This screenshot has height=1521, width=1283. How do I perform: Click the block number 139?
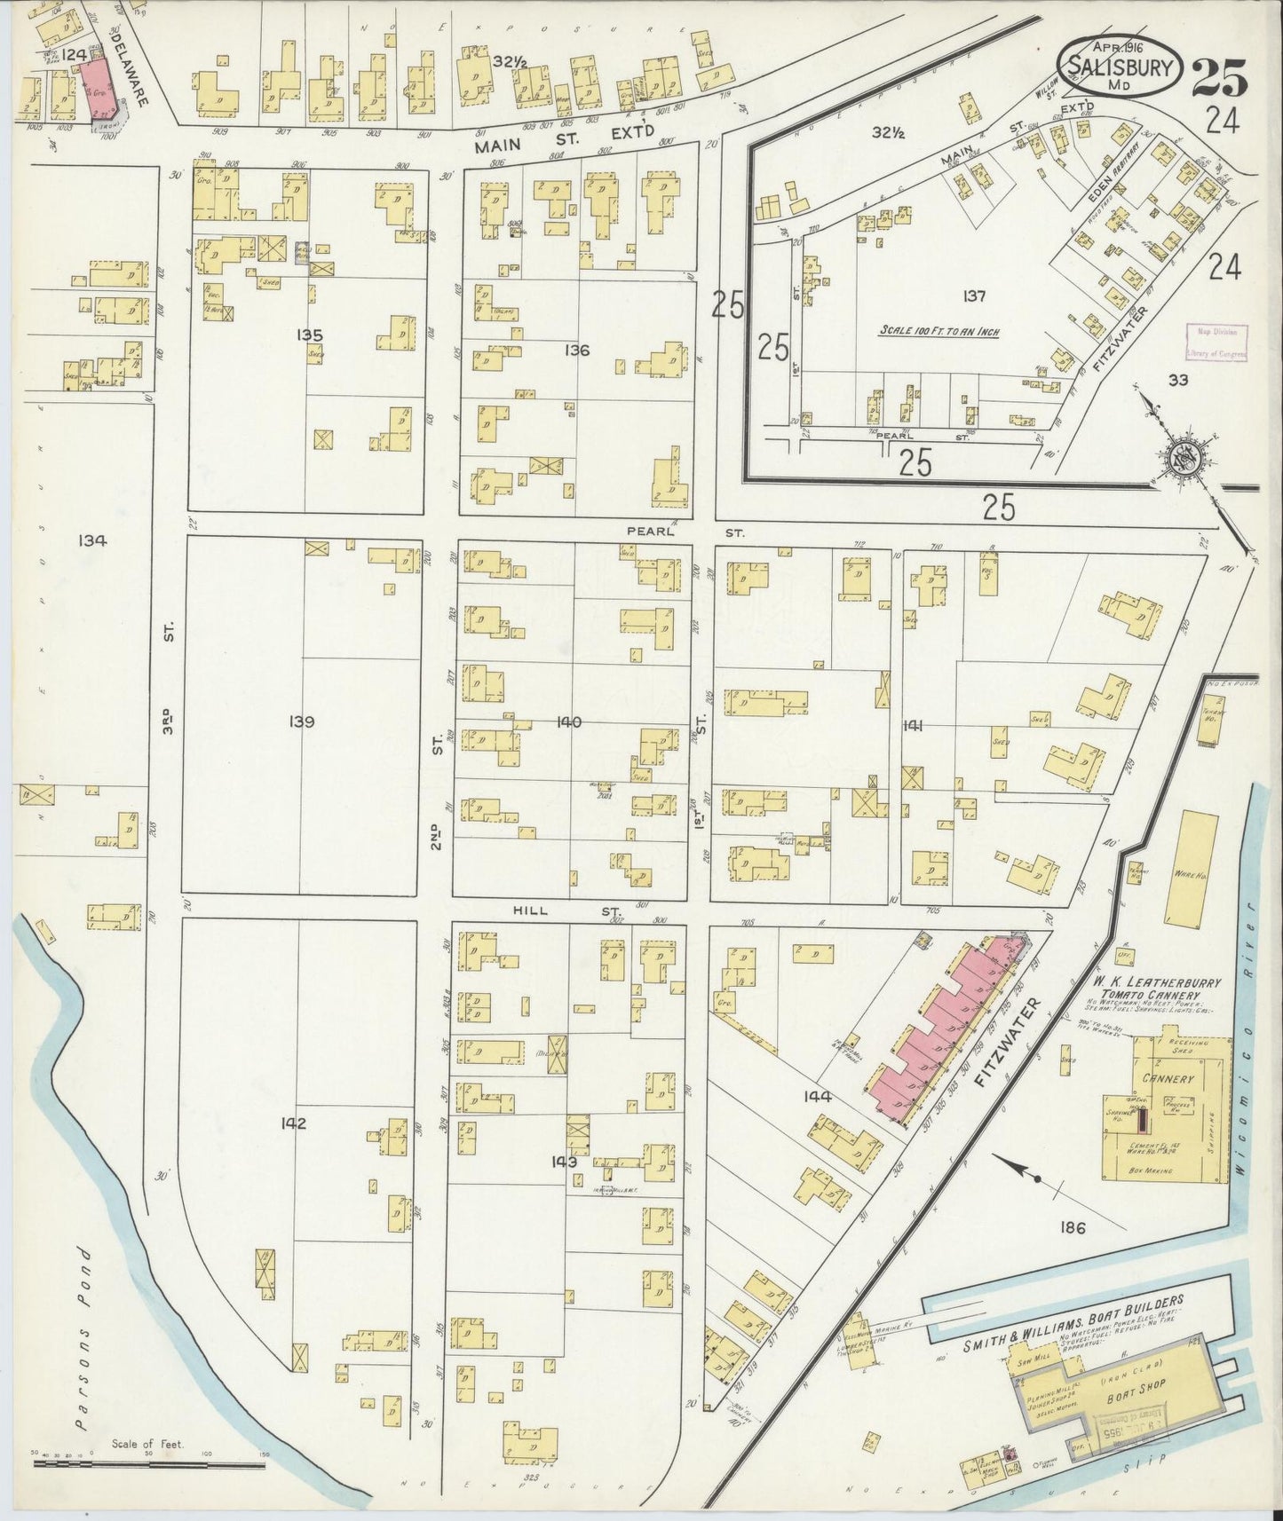coord(301,721)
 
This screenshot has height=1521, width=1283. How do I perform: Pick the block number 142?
coord(293,1123)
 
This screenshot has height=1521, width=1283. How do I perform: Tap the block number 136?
coord(576,350)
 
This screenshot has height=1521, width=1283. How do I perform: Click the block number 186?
coord(1073,1228)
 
